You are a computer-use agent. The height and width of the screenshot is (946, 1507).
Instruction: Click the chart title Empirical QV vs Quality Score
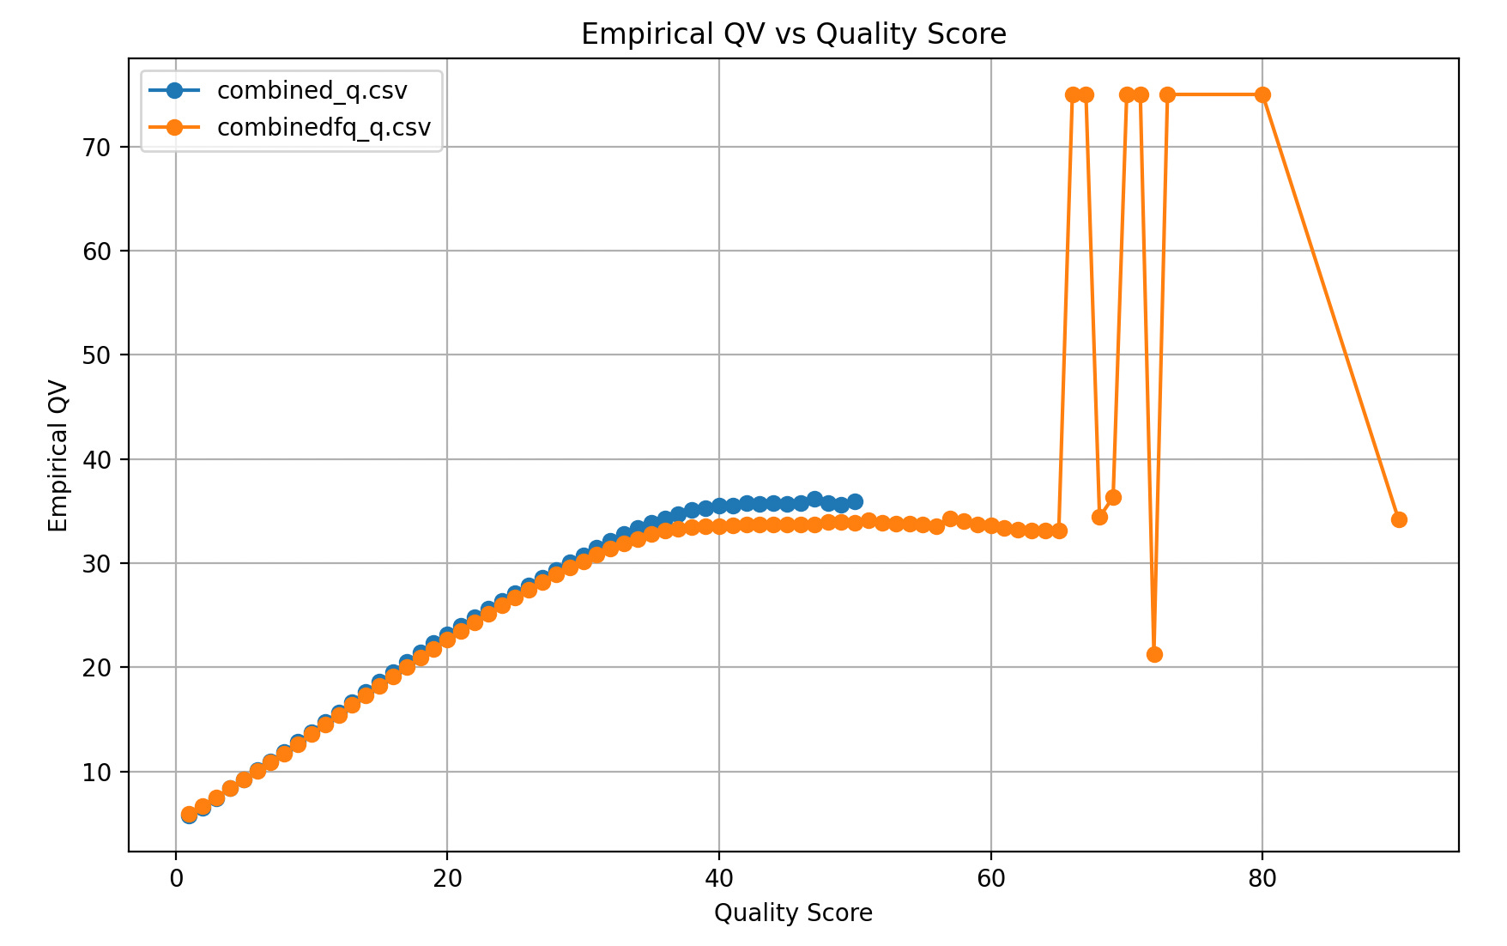793,34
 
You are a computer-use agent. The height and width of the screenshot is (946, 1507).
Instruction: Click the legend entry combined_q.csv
312,90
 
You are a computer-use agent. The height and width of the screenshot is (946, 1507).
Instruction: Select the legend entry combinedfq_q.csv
324,127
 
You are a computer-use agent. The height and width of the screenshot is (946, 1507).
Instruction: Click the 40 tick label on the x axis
718,878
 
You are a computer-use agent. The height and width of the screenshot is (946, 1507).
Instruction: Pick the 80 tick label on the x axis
1262,878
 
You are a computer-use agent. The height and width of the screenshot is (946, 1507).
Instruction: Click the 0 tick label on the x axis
176,878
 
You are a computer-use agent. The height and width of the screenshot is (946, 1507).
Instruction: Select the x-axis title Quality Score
793,913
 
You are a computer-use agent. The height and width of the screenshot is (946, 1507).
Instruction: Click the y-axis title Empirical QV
58,455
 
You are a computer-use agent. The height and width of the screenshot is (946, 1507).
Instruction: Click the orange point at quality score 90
1398,519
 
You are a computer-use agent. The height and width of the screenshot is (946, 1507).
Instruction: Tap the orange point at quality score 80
1262,94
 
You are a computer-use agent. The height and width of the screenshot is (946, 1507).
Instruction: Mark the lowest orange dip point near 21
1153,654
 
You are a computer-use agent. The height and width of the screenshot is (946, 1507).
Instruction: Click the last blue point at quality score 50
855,501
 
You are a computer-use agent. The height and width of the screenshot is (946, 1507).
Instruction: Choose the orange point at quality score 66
1072,94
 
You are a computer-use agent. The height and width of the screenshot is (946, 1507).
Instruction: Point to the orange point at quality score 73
1167,94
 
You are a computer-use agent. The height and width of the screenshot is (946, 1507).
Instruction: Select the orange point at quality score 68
1099,517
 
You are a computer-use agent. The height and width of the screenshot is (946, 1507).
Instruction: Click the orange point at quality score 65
1058,531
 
